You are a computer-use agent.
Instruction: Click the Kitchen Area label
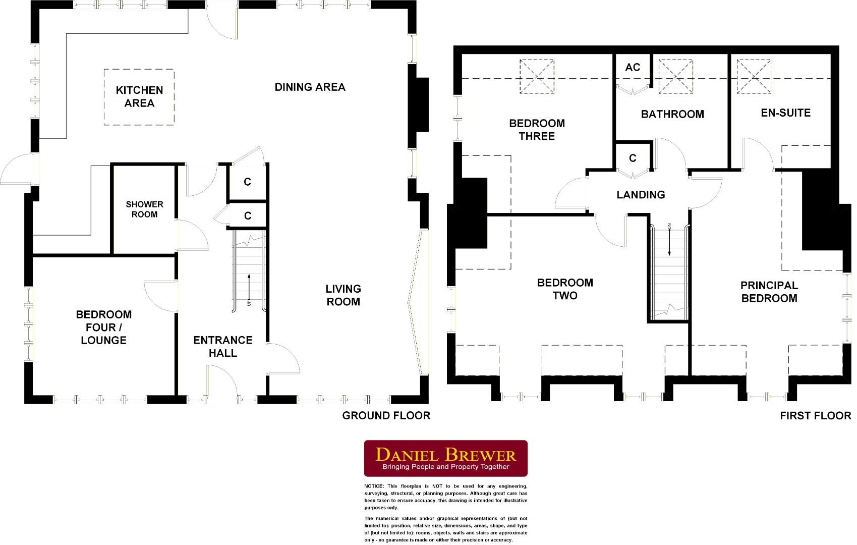pyautogui.click(x=139, y=96)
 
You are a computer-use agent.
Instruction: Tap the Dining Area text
pyautogui.click(x=310, y=87)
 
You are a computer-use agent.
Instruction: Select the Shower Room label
pyautogui.click(x=145, y=209)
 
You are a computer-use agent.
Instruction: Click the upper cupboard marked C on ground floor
pyautogui.click(x=247, y=182)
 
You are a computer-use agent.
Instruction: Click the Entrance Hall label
pyautogui.click(x=222, y=346)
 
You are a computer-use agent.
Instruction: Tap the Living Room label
pyautogui.click(x=343, y=295)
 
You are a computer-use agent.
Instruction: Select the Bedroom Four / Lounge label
pyautogui.click(x=103, y=327)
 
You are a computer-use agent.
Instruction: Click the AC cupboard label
pyautogui.click(x=633, y=67)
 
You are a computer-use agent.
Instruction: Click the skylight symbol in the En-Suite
pyautogui.click(x=754, y=76)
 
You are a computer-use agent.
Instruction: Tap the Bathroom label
pyautogui.click(x=672, y=114)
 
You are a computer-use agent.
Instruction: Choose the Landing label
pyautogui.click(x=641, y=194)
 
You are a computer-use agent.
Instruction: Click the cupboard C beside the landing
pyautogui.click(x=633, y=158)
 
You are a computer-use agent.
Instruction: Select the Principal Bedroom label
pyautogui.click(x=769, y=292)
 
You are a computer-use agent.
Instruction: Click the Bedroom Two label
pyautogui.click(x=564, y=289)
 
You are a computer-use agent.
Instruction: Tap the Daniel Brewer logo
pyautogui.click(x=446, y=458)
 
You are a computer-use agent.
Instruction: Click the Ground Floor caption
pyautogui.click(x=386, y=415)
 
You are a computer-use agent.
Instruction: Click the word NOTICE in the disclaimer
pyautogui.click(x=374, y=486)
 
